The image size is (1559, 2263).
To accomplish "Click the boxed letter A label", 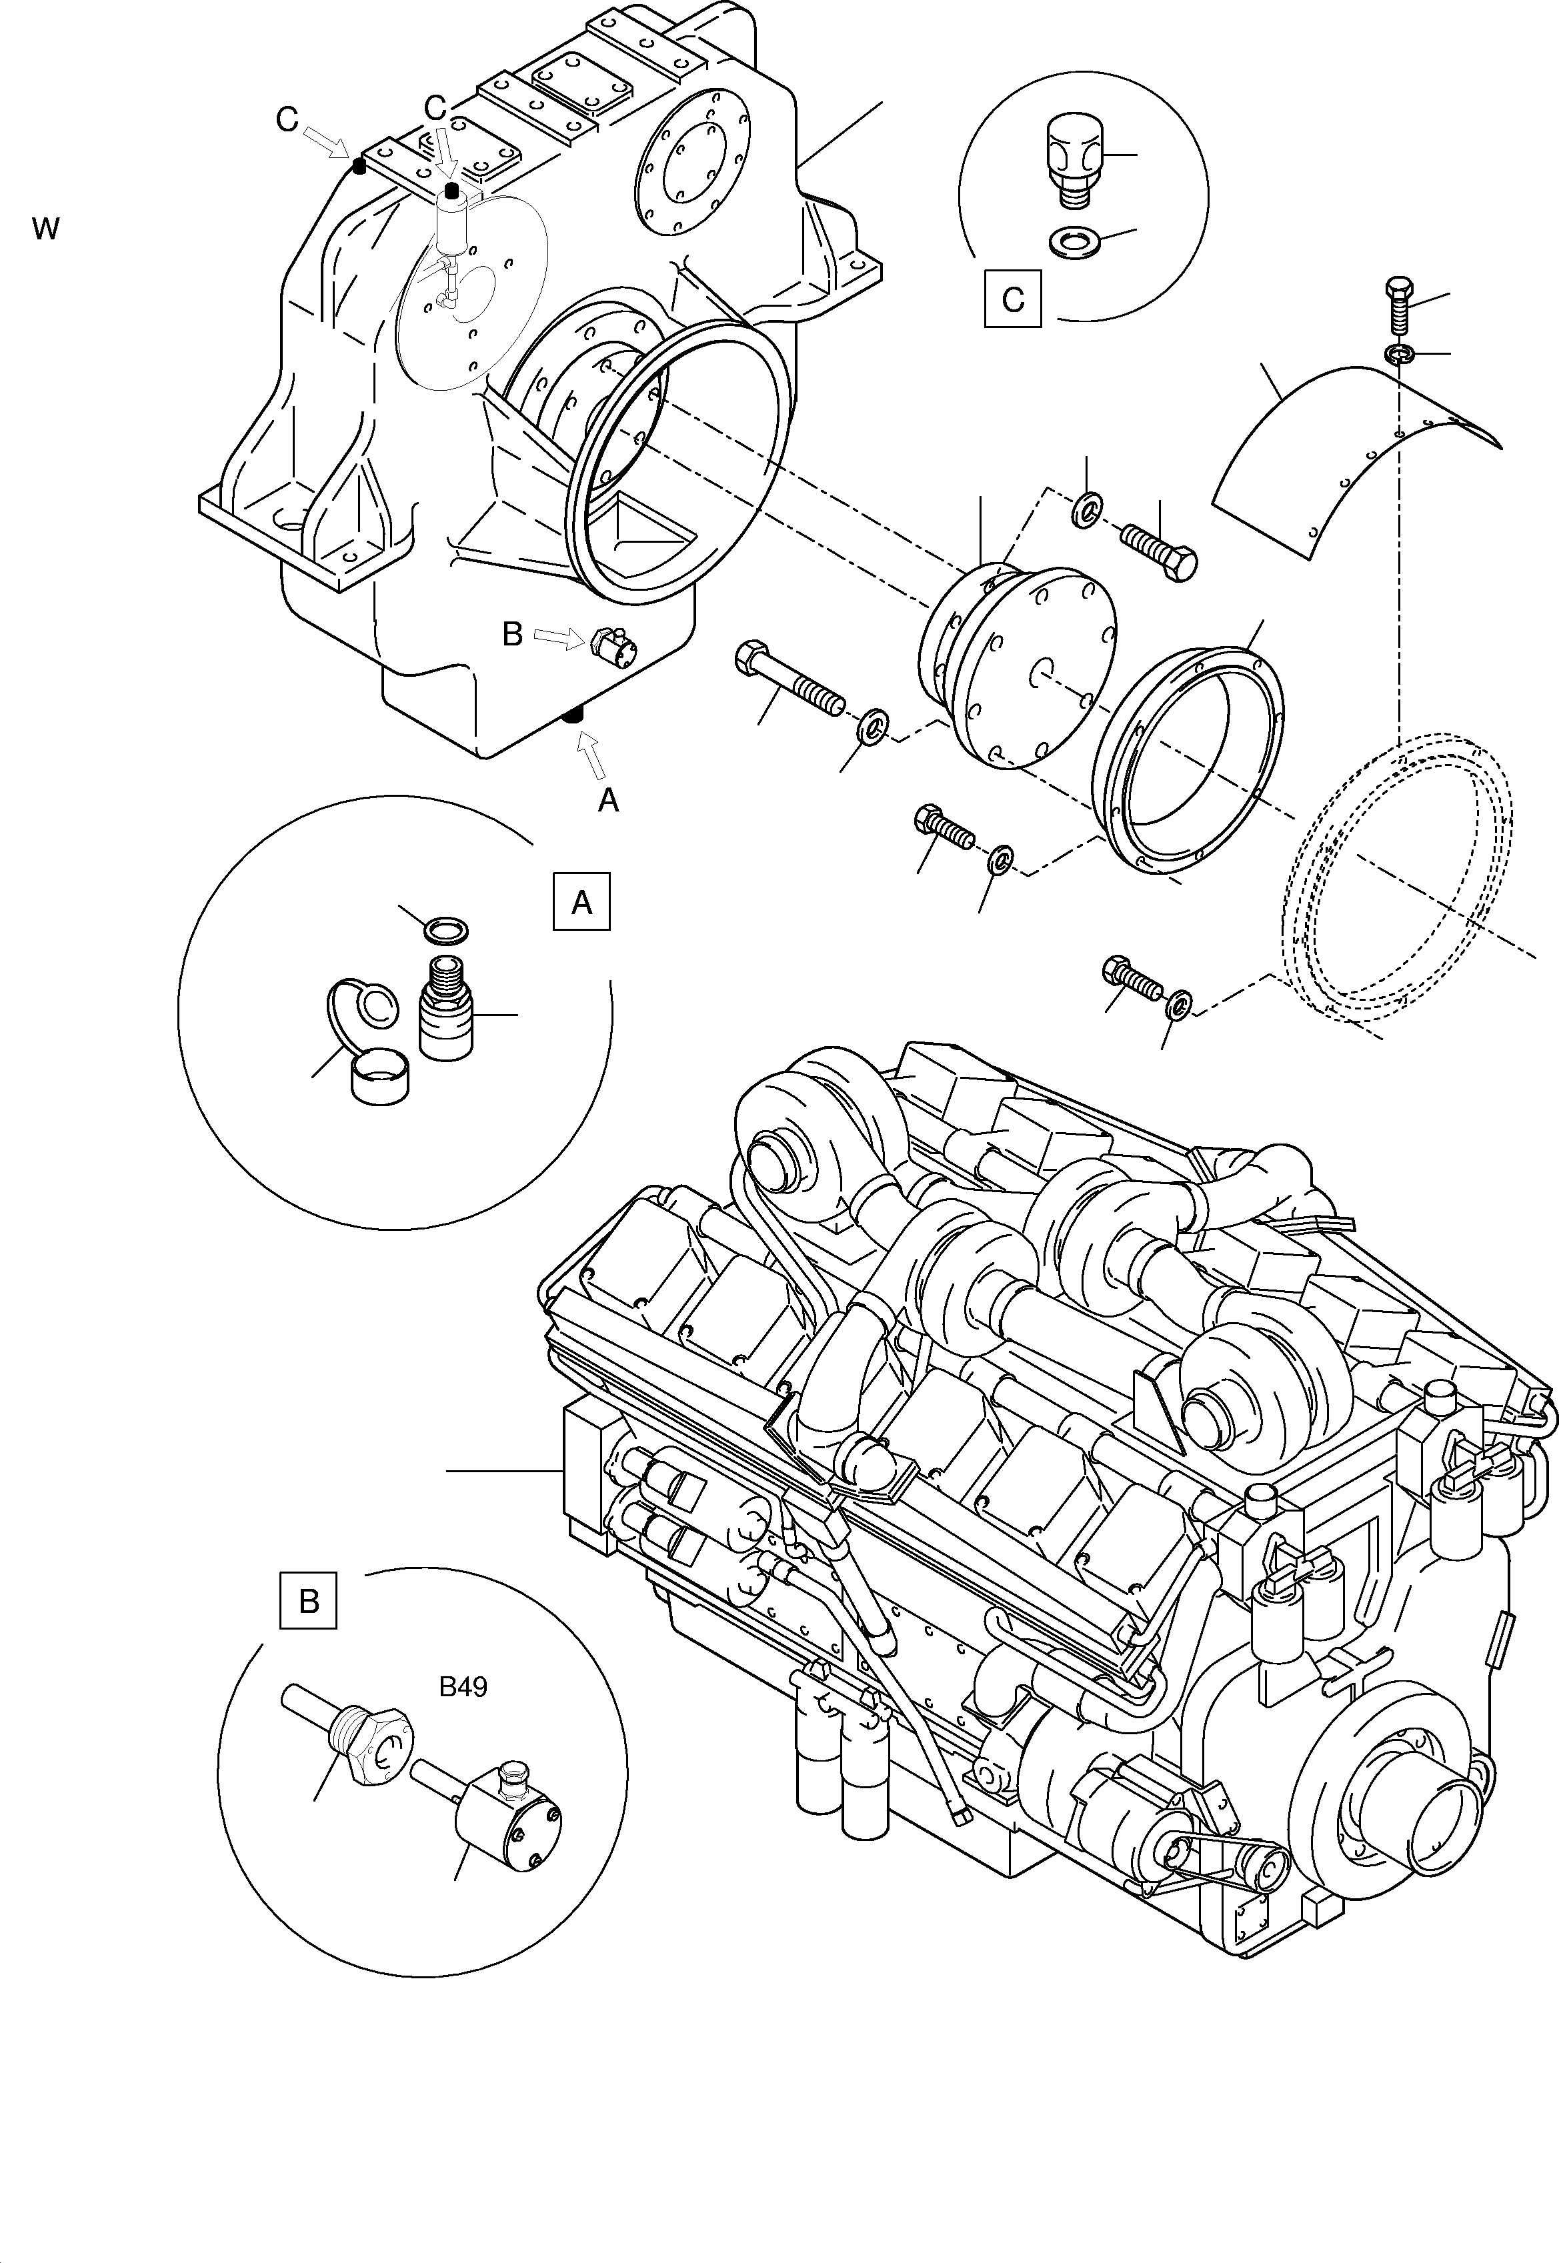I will tap(581, 901).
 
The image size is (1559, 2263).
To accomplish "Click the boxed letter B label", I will tap(309, 1600).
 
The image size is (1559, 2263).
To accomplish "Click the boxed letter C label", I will tap(1013, 298).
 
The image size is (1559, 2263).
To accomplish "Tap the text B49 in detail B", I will tap(463, 1687).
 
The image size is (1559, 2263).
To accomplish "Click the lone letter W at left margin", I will tap(45, 231).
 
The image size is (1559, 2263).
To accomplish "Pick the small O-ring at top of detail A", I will tap(445, 930).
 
